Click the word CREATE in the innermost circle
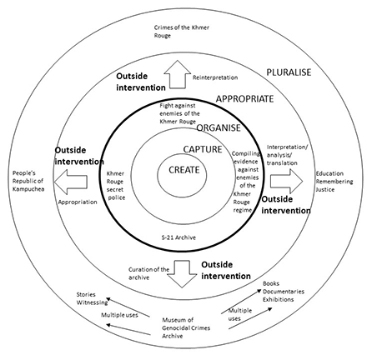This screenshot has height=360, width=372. coord(184,170)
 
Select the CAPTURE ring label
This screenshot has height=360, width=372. coord(203,149)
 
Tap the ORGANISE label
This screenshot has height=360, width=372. coord(219,127)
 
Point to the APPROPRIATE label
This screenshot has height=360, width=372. coord(245,99)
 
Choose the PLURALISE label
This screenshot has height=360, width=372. coord(289,72)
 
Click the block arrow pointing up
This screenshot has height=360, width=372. coord(178,74)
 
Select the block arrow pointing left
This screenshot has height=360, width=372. coord(71,182)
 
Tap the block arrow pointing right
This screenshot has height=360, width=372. coord(286,181)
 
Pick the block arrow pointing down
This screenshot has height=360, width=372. coord(182,274)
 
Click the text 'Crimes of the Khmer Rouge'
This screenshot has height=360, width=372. coord(182,32)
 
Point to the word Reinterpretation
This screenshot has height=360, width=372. coord(215,77)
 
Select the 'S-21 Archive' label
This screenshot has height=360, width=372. coord(178,237)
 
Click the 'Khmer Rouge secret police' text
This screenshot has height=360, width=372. coord(116,186)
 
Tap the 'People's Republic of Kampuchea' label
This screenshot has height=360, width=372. coord(28,181)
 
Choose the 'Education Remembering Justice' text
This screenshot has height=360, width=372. coord(334,182)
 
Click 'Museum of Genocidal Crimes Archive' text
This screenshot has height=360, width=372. coord(186,327)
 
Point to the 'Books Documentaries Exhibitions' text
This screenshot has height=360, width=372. coord(284,292)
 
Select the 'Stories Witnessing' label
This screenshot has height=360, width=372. coord(92,298)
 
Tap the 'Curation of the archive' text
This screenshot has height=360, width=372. coord(148,273)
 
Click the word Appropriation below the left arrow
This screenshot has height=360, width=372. coord(78,202)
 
